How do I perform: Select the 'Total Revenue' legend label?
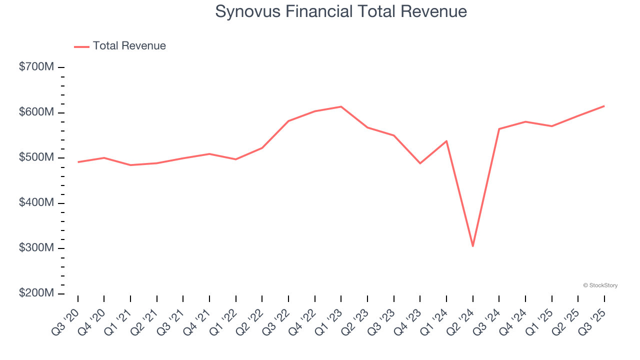(x=129, y=46)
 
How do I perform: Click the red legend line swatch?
(x=81, y=46)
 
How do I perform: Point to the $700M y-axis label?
(x=36, y=67)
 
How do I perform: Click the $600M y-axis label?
(x=36, y=112)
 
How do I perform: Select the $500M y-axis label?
(x=36, y=157)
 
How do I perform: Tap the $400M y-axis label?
(x=36, y=203)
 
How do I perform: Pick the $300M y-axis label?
(x=36, y=248)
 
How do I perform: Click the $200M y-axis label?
(x=36, y=293)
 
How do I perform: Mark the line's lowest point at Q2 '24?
(x=472, y=246)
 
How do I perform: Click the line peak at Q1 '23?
(x=341, y=106)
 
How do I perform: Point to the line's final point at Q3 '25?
(x=604, y=106)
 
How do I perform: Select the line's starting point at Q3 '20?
(x=78, y=162)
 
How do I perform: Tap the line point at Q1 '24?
(x=446, y=141)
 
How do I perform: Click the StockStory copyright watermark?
(x=600, y=285)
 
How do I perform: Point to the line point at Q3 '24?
(x=499, y=129)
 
